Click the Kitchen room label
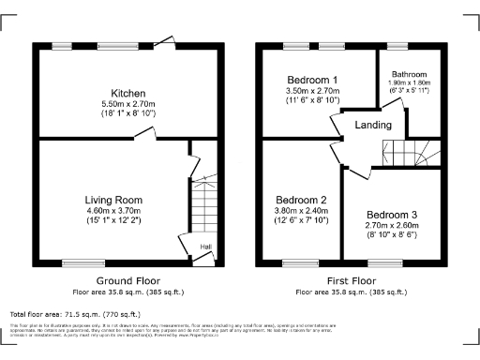point(127,94)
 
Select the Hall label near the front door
point(206,247)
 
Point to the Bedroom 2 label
point(300,201)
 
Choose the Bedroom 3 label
point(391,215)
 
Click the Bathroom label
point(409,74)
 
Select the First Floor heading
point(352,280)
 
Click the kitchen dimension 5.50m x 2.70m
point(127,104)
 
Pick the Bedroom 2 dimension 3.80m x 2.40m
point(300,212)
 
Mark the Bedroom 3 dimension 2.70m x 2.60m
point(391,226)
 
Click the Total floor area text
point(75,314)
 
